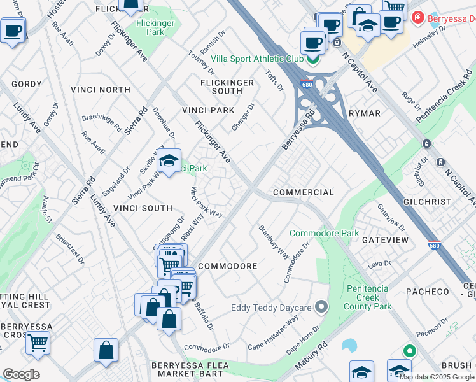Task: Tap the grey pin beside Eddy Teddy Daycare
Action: pyautogui.click(x=321, y=308)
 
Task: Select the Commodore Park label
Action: pyautogui.click(x=324, y=234)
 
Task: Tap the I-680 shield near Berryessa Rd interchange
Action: pyautogui.click(x=307, y=85)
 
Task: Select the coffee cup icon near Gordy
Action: pyautogui.click(x=13, y=30)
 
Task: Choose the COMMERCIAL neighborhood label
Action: pyautogui.click(x=303, y=192)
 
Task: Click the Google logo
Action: pyautogui.click(x=21, y=374)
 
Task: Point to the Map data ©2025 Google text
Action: pyautogui.click(x=437, y=377)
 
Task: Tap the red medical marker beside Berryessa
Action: pyautogui.click(x=417, y=18)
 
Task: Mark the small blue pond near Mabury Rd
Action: pyautogui.click(x=349, y=345)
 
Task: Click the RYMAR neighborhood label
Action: pyautogui.click(x=365, y=113)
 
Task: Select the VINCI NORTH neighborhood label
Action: pyautogui.click(x=101, y=90)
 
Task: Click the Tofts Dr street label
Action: pyautogui.click(x=274, y=80)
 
